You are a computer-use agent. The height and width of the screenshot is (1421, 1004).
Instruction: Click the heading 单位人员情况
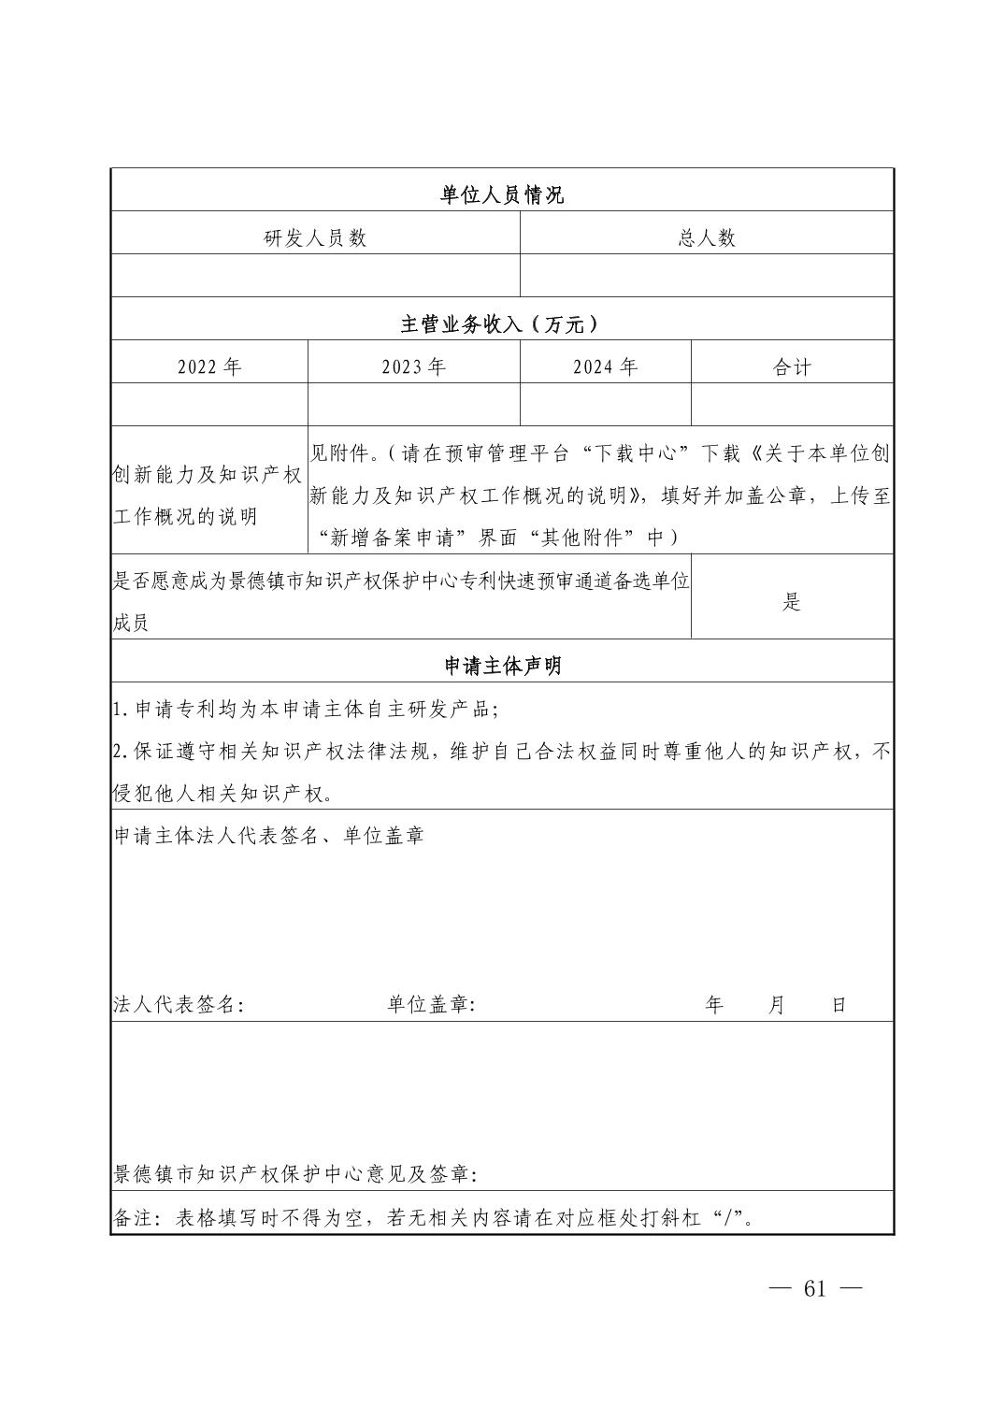tap(502, 194)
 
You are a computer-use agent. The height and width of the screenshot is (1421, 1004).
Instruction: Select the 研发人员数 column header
tap(315, 237)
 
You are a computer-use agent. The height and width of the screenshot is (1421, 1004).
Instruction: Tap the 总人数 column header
tap(707, 237)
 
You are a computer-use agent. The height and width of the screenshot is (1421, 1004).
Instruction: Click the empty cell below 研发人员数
tap(315, 276)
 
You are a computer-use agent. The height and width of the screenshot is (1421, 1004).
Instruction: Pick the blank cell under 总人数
tap(707, 276)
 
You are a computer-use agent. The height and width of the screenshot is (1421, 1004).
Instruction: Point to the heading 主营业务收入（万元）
tap(502, 324)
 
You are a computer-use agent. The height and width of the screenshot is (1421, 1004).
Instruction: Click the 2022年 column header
tap(209, 366)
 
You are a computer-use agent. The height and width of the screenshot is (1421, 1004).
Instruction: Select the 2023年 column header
tap(413, 366)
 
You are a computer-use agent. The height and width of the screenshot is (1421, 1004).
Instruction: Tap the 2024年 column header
tap(605, 366)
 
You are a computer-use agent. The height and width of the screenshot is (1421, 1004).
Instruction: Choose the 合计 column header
tap(792, 366)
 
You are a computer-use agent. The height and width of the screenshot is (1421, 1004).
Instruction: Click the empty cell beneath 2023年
tap(413, 405)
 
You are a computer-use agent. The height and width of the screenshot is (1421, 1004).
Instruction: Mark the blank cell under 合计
tap(792, 405)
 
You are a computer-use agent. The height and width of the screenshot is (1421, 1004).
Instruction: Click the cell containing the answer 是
tap(792, 602)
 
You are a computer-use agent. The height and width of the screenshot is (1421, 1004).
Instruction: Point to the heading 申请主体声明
tap(502, 666)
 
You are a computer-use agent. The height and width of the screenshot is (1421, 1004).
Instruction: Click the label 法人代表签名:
tap(179, 1005)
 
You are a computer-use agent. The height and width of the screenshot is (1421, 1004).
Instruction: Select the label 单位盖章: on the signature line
tap(431, 1005)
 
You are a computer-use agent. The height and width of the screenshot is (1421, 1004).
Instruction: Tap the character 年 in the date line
tap(714, 1005)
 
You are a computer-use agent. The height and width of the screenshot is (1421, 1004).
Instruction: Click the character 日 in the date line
tap(839, 1005)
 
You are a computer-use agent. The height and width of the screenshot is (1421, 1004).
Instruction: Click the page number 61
tap(814, 1288)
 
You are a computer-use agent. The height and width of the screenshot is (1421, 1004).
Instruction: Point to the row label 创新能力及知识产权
tap(208, 474)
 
